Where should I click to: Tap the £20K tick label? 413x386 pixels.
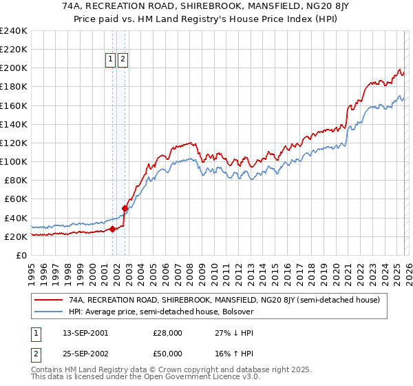[16, 236]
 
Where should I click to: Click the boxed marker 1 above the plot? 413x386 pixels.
[110, 60]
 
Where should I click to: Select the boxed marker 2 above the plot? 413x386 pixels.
[123, 60]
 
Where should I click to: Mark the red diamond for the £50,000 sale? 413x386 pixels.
[125, 208]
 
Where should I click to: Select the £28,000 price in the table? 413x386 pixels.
[167, 332]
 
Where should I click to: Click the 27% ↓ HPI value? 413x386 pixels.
[234, 332]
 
